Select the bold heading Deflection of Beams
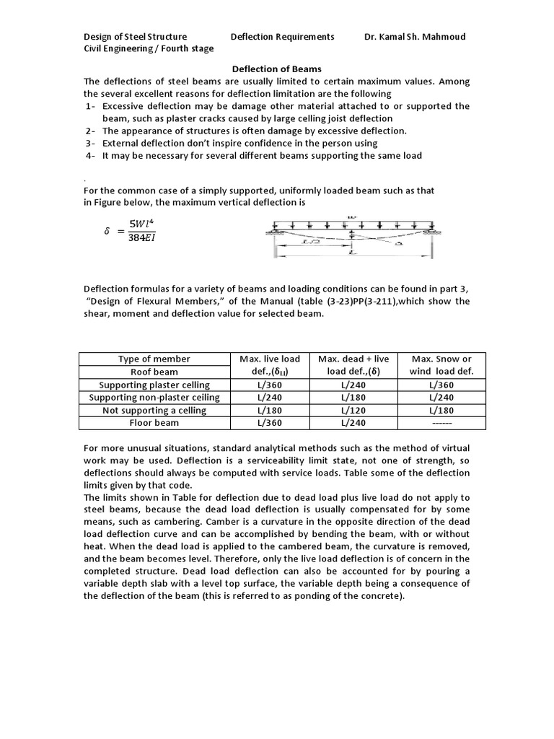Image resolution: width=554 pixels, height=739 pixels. coord(276,69)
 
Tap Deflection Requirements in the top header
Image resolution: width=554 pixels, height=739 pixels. coord(282,37)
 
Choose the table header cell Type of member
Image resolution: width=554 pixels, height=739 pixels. coord(154,359)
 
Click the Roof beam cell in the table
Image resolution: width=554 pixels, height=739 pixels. coord(154,372)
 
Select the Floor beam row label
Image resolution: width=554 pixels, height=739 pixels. coord(154,423)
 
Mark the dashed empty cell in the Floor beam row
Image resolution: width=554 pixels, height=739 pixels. coord(441,423)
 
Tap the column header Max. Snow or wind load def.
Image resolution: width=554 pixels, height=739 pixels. coord(441,365)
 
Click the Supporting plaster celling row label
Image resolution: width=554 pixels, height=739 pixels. coord(154,385)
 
